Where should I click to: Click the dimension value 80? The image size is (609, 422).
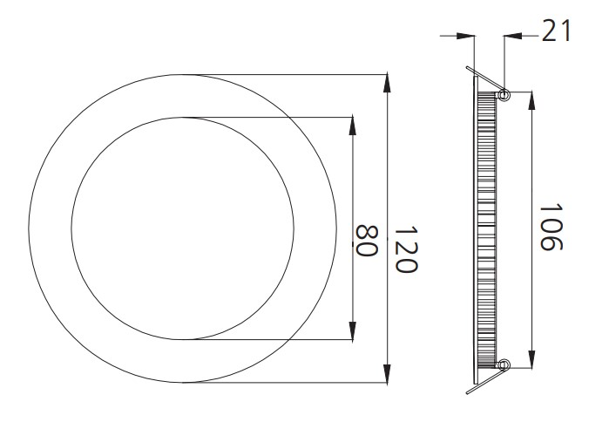365,240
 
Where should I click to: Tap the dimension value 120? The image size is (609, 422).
403,248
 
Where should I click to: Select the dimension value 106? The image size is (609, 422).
547,228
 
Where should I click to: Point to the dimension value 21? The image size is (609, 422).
555,31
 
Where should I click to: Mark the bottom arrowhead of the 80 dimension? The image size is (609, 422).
352,329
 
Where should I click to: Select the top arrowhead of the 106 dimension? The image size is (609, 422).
532,101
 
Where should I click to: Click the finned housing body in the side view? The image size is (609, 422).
485,228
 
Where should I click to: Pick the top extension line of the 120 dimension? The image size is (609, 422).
296,72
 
